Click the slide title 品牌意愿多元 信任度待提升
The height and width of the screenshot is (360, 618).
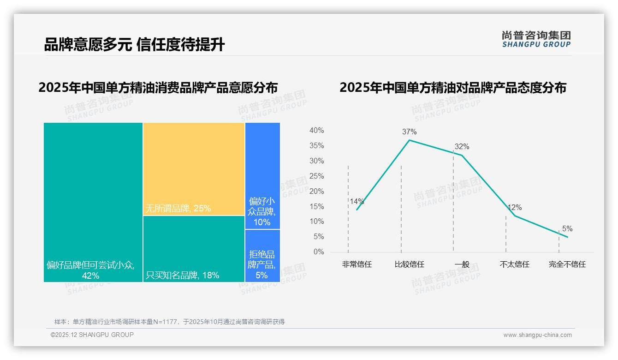pos(134,44)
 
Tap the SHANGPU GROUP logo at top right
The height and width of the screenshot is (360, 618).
pos(536,39)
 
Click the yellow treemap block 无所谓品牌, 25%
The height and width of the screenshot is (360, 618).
pos(194,168)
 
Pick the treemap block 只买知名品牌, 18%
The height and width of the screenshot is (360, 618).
pos(194,249)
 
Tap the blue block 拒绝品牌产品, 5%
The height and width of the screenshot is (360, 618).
pos(262,256)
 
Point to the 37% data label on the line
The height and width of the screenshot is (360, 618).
pos(409,132)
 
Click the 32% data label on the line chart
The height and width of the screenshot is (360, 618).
pos(462,147)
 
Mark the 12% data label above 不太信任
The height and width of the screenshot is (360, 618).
pos(515,208)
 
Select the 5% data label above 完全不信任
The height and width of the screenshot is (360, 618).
pos(567,229)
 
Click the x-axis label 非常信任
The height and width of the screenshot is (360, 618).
pos(357,264)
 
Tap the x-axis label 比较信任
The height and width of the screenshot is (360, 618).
pos(409,264)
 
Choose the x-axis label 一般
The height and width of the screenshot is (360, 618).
pos(462,264)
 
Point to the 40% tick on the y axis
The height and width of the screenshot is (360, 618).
pos(316,131)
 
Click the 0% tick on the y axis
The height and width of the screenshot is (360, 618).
pos(319,252)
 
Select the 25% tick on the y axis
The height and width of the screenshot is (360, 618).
pos(316,176)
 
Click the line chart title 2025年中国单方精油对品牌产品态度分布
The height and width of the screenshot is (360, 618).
pos(453,88)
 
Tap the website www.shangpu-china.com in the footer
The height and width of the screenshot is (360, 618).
pos(537,335)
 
